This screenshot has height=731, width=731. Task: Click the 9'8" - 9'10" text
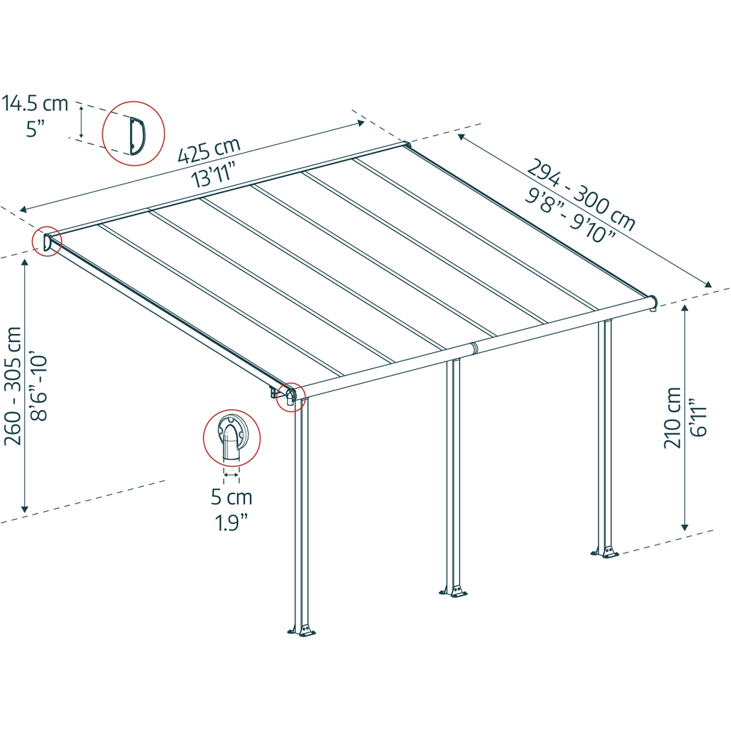coord(569,215)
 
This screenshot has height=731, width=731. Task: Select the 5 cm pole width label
coord(231,498)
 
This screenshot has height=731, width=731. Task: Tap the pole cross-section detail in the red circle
coord(231,437)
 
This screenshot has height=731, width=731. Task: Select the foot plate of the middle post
coord(453,590)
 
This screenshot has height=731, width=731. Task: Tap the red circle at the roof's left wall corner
coord(46,240)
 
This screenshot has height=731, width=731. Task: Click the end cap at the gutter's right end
coord(653,301)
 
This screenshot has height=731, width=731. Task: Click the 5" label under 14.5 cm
coord(35,129)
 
